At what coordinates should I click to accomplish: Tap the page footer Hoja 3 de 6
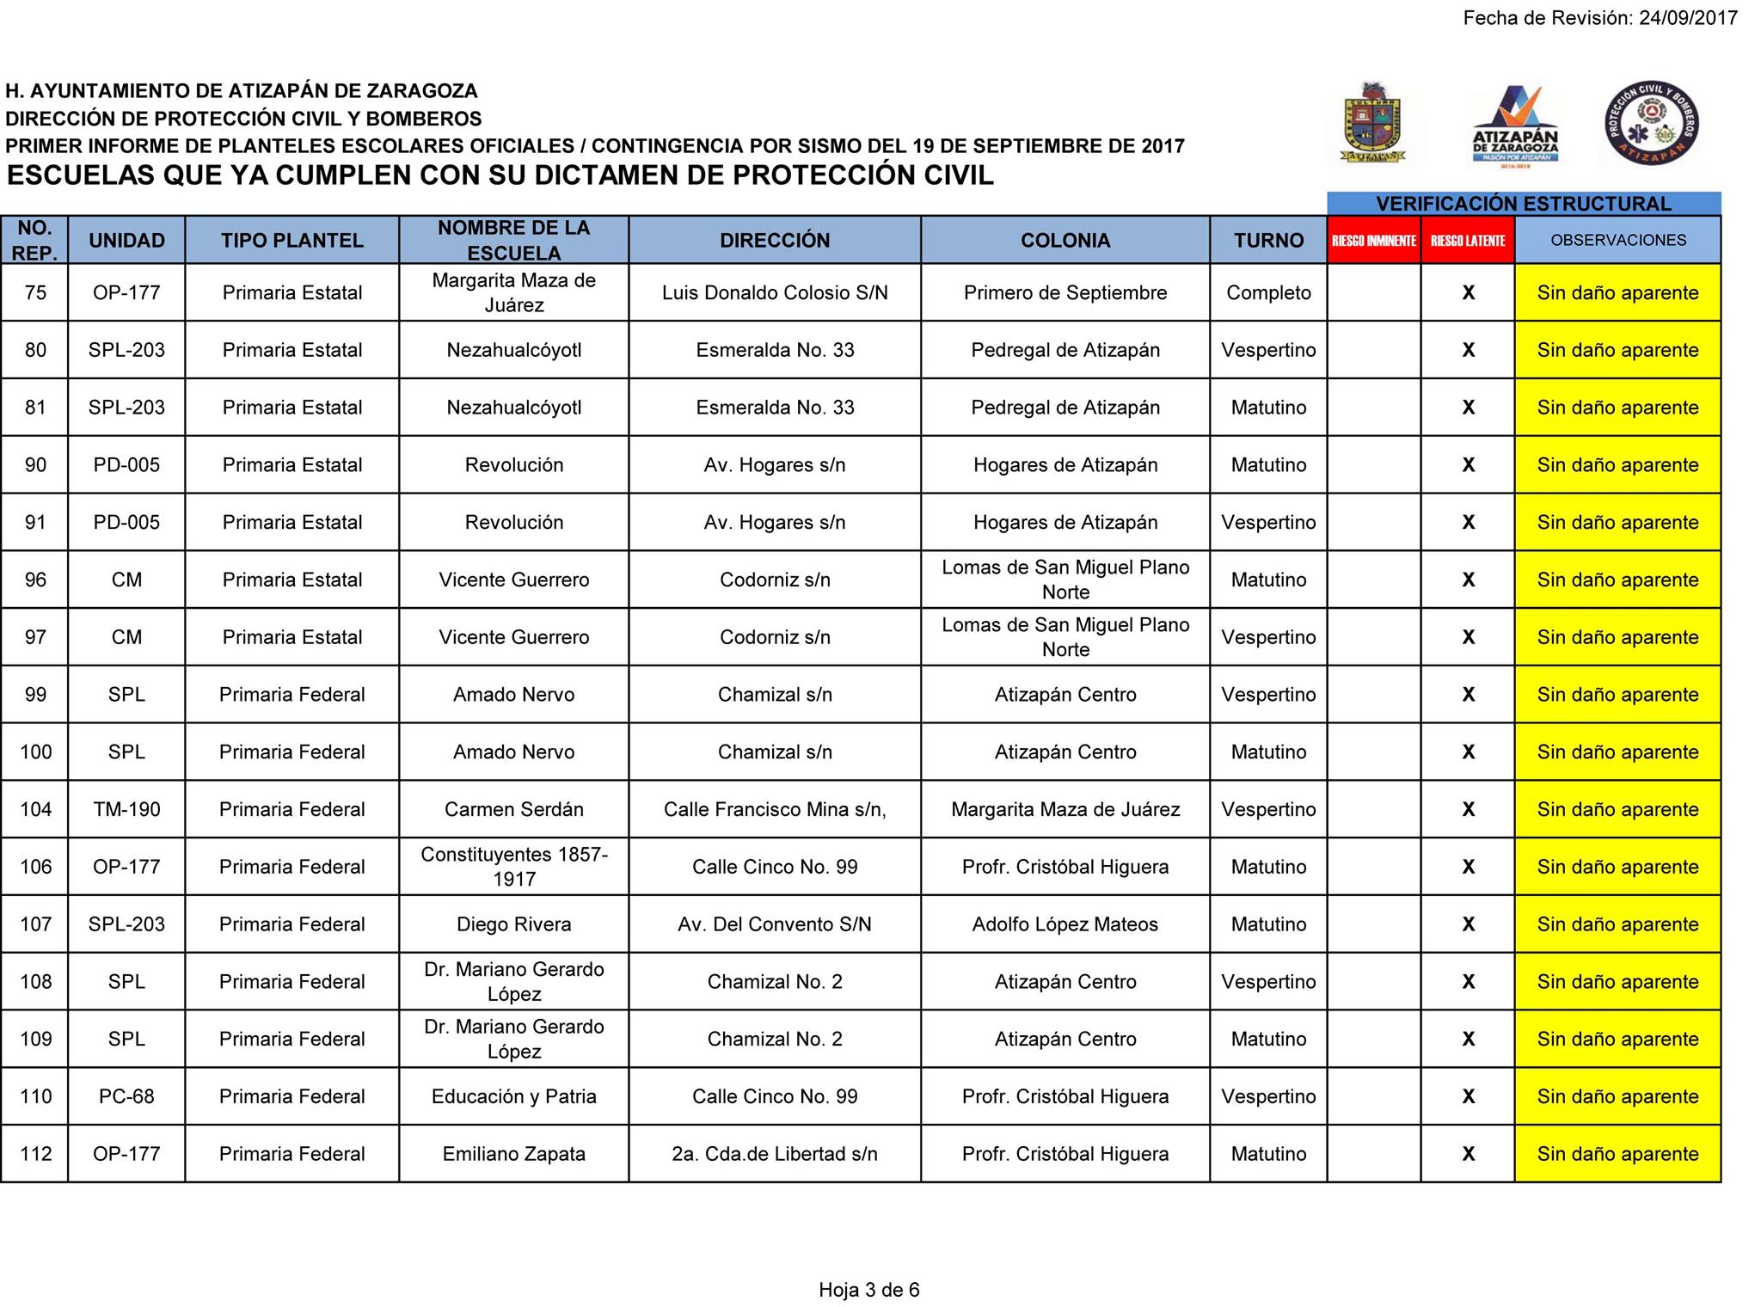coord(868,1289)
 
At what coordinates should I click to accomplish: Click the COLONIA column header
coord(1065,241)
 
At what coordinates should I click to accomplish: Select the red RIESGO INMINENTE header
coord(1373,241)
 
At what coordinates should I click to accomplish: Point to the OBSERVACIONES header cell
coord(1617,241)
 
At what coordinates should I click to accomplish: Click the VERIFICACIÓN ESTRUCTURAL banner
coord(1523,204)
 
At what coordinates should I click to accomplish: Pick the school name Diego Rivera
coord(513,924)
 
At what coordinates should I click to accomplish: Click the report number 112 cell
coord(35,1154)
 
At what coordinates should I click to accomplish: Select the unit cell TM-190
coord(126,809)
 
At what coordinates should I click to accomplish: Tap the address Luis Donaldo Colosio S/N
coord(774,292)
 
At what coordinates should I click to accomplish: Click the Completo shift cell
coord(1268,292)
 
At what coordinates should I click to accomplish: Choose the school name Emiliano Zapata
coord(513,1154)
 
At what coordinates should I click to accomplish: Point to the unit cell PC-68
coord(126,1096)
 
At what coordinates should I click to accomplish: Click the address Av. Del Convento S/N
coord(774,924)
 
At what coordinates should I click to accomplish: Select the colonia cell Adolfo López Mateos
coord(1065,924)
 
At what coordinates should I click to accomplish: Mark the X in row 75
coord(1468,292)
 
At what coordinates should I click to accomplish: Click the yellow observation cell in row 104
coord(1617,809)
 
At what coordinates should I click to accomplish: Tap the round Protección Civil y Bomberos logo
coord(1651,123)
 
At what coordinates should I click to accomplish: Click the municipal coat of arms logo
coord(1373,123)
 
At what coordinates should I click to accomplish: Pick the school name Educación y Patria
coord(513,1096)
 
